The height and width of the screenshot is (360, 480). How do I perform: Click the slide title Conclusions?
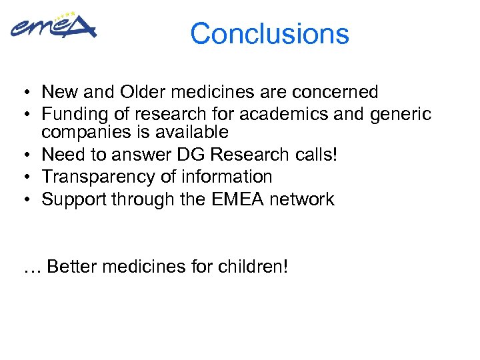[269, 33]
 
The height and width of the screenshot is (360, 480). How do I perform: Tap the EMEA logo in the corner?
[53, 27]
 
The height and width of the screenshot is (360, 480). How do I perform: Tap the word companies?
[86, 132]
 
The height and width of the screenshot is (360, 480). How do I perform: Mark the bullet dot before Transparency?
[23, 177]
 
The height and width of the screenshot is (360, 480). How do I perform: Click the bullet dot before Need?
[23, 155]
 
